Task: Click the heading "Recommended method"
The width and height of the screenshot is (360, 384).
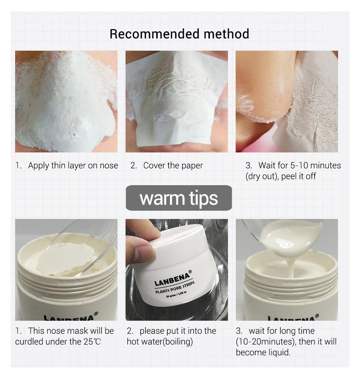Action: pyautogui.click(x=179, y=34)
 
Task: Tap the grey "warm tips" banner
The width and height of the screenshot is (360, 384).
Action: pyautogui.click(x=179, y=198)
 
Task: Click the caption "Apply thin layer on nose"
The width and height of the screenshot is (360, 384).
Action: pyautogui.click(x=73, y=166)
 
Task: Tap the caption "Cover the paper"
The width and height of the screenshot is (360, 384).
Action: pyautogui.click(x=173, y=166)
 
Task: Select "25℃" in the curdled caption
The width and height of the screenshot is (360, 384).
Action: pyautogui.click(x=93, y=342)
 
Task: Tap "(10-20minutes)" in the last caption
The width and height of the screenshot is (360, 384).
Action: pyautogui.click(x=266, y=342)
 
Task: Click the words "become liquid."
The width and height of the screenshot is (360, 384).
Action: pyautogui.click(x=263, y=352)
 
